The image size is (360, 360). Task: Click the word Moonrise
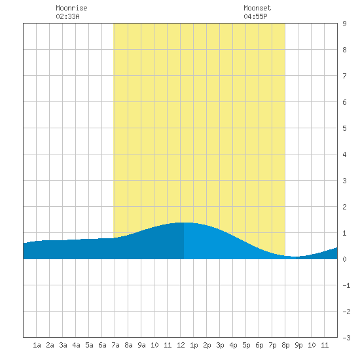pos(71,8)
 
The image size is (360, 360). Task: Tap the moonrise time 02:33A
pos(67,16)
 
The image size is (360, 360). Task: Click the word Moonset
pos(257,8)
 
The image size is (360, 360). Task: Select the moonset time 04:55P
pos(255,16)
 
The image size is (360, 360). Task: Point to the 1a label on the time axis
pos(37,345)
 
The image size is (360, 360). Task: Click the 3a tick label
pos(63,345)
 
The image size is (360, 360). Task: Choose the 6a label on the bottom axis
pos(102,345)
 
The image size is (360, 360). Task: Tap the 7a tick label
pos(115,345)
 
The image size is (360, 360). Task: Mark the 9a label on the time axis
pos(141,345)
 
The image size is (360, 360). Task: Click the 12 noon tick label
pos(181,345)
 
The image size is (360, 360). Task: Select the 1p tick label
pos(194,345)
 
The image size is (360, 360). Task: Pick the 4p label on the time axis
pos(233,345)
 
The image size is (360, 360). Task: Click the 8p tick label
pos(285,345)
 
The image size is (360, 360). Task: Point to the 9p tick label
pos(298,345)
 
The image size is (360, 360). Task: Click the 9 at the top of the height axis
pos(344,24)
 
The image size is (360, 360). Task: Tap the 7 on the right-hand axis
pos(344,76)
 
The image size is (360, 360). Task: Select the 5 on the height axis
pos(344,128)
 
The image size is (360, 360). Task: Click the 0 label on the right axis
pos(344,259)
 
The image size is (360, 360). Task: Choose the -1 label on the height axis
pos(346,285)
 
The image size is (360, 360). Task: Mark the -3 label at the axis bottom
pos(346,338)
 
